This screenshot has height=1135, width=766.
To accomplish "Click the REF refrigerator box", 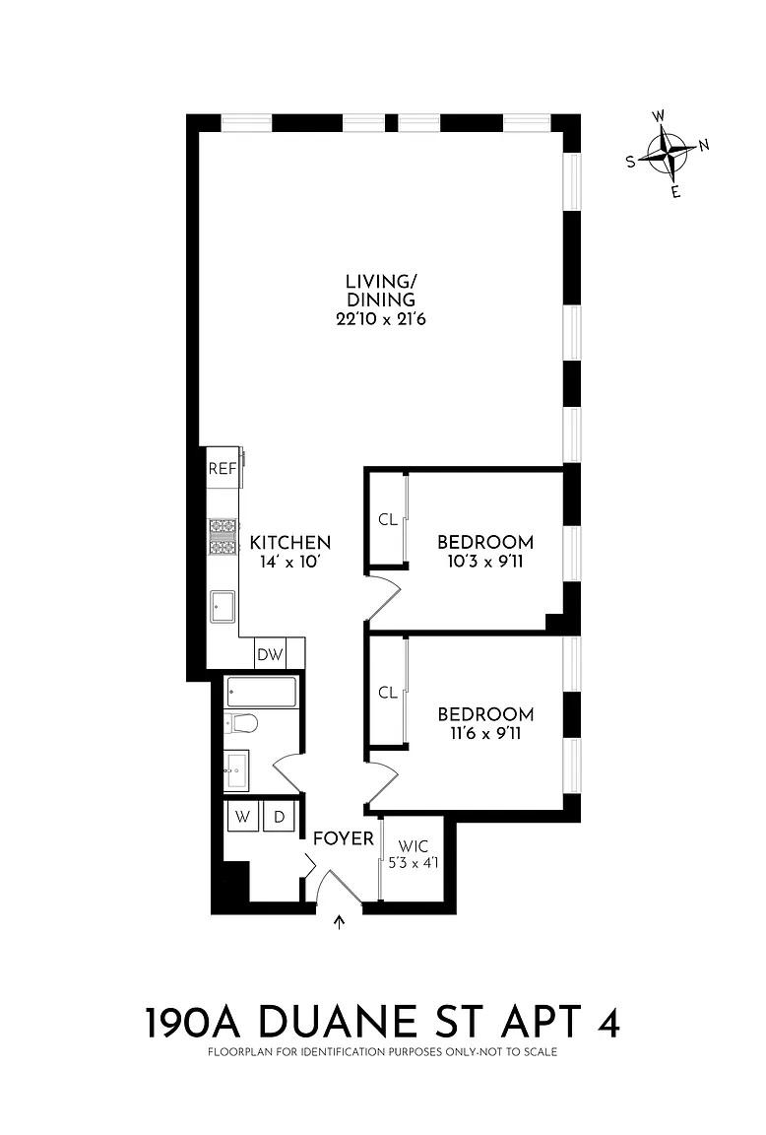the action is click(223, 468).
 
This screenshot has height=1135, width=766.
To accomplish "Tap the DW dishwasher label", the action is click(271, 655).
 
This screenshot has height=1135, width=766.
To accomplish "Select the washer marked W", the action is click(243, 817).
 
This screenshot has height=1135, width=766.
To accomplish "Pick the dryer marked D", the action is click(279, 817).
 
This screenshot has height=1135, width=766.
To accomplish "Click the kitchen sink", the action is click(223, 607).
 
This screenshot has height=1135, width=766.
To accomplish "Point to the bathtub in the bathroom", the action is click(261, 692).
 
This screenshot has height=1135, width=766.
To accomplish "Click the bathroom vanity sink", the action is click(236, 770).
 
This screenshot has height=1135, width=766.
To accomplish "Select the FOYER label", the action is click(344, 838).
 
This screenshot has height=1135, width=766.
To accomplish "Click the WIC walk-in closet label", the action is click(414, 846).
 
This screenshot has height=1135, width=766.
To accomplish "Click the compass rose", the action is click(669, 154).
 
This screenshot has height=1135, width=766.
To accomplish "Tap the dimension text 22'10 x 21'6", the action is click(380, 318).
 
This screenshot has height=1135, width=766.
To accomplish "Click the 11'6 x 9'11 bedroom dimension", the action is click(485, 733).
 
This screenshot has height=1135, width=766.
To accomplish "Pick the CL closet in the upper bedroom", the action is click(388, 519).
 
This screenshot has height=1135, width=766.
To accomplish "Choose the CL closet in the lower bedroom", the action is click(388, 693).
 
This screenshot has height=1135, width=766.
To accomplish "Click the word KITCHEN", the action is click(290, 542).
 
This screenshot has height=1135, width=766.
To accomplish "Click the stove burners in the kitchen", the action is click(223, 537).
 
